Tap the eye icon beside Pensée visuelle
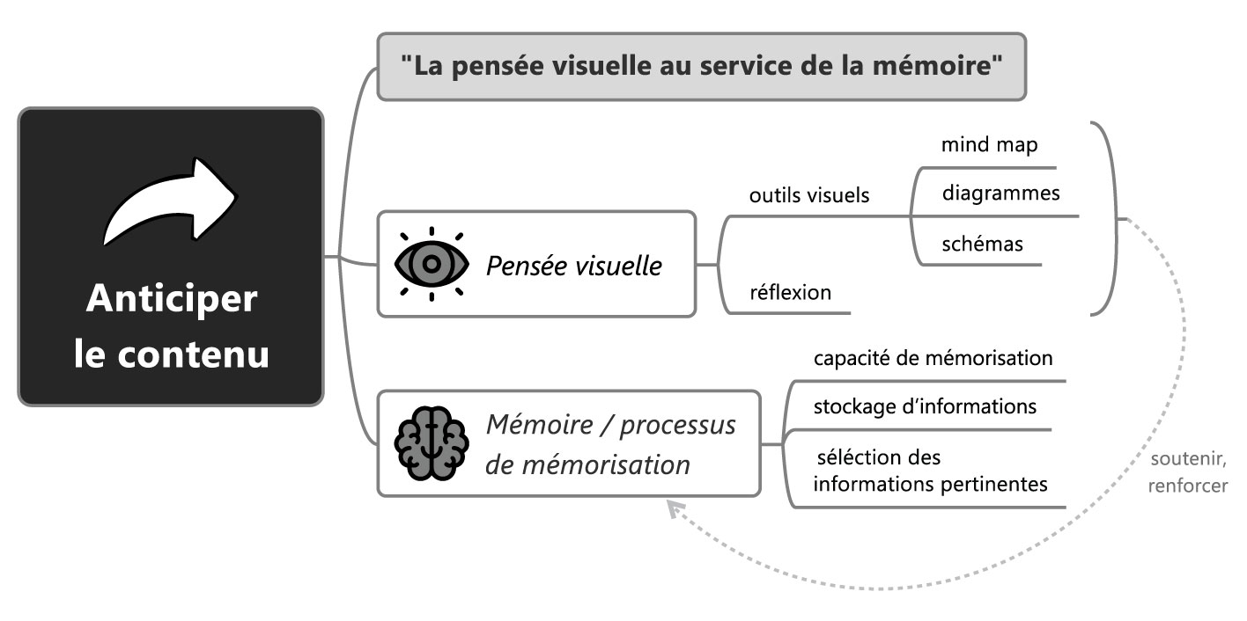431,263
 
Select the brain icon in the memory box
430,443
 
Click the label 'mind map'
989,144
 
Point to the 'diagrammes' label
1000,193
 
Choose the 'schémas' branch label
982,243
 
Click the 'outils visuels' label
808,195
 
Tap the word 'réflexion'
790,292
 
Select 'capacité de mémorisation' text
933,358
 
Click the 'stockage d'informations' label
925,406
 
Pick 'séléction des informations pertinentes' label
931,471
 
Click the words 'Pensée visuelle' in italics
573,265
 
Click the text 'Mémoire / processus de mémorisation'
610,444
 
